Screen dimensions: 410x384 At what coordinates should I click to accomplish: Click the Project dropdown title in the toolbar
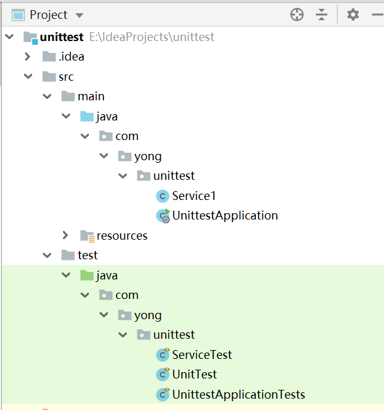[48, 15]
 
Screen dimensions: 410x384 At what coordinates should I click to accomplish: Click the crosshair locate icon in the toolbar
[297, 15]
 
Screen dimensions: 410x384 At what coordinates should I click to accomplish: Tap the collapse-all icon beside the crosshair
[322, 15]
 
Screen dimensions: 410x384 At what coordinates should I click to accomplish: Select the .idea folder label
[71, 57]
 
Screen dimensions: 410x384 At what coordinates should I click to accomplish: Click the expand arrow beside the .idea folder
[27, 57]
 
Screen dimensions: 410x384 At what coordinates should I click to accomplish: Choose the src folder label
[66, 77]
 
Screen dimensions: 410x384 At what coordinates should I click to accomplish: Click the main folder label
[91, 97]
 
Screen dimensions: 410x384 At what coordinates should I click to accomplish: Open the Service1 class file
[194, 196]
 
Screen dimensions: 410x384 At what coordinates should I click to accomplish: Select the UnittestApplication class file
[224, 215]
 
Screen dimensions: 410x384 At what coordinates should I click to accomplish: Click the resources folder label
[122, 235]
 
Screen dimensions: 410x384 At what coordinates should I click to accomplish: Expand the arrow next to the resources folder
[65, 235]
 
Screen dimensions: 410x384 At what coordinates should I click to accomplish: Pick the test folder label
[88, 255]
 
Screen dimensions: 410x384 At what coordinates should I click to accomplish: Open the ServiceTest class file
[202, 354]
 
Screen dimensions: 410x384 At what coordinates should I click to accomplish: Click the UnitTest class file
[194, 374]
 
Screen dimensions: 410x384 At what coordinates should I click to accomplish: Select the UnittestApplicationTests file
[238, 395]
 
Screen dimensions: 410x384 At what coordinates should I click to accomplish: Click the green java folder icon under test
[86, 275]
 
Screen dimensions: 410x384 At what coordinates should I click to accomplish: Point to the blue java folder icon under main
[86, 117]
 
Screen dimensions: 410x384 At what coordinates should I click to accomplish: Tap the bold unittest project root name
[62, 37]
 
